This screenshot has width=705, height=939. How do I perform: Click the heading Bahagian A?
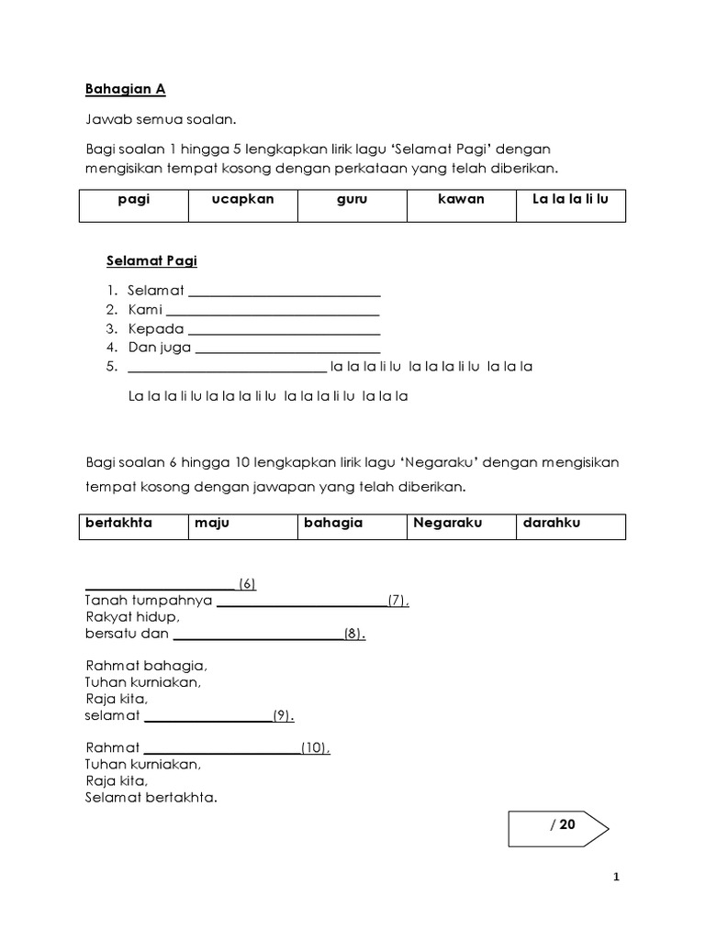(125, 90)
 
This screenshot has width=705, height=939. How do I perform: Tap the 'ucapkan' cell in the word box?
(243, 205)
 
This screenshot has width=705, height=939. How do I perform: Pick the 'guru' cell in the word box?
(352, 205)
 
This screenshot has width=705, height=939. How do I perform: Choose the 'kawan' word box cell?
(462, 205)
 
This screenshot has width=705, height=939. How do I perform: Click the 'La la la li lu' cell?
(570, 205)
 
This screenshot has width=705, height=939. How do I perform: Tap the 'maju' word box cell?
(242, 526)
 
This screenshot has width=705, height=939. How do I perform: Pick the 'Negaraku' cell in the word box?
(461, 526)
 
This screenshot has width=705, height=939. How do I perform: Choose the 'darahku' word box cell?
(570, 526)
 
